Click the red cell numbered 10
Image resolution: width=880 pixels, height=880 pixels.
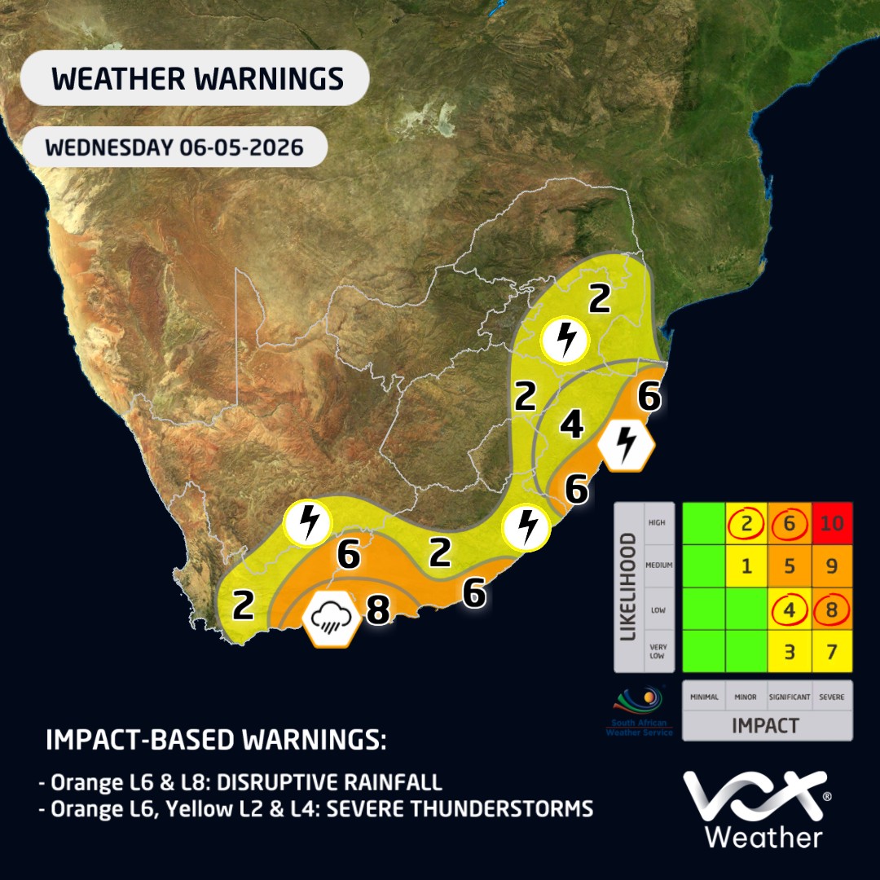tap(832, 523)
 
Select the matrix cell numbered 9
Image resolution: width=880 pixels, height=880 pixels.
tap(832, 565)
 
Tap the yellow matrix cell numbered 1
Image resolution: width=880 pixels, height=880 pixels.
tap(746, 565)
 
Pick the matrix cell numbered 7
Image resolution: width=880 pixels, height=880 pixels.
tap(832, 652)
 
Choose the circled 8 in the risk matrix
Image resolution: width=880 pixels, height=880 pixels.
tap(832, 609)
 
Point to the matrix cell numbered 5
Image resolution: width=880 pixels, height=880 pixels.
tap(789, 565)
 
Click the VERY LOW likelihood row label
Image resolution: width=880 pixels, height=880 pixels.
tap(658, 651)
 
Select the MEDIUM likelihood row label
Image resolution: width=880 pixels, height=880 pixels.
tap(659, 565)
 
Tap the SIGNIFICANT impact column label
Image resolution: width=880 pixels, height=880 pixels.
tap(789, 697)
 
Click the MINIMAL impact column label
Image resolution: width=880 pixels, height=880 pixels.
tap(704, 697)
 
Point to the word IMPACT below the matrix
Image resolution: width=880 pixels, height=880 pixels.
tap(765, 726)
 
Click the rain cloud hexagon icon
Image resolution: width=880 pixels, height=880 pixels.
tap(331, 618)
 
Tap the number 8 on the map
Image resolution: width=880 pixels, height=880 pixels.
tap(378, 609)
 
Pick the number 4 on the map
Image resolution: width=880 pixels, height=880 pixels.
tap(572, 424)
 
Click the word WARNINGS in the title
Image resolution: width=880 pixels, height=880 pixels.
tap(270, 78)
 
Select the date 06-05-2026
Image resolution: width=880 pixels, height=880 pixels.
tap(241, 147)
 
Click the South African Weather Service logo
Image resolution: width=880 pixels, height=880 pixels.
tap(640, 711)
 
